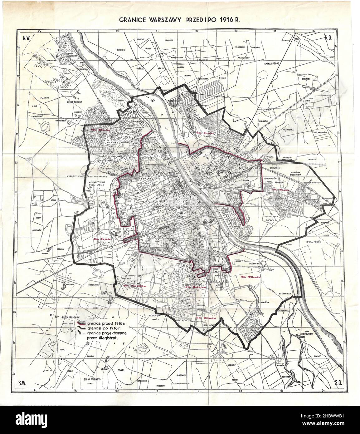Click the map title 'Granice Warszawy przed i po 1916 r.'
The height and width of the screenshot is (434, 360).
pyautogui.click(x=180, y=19)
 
